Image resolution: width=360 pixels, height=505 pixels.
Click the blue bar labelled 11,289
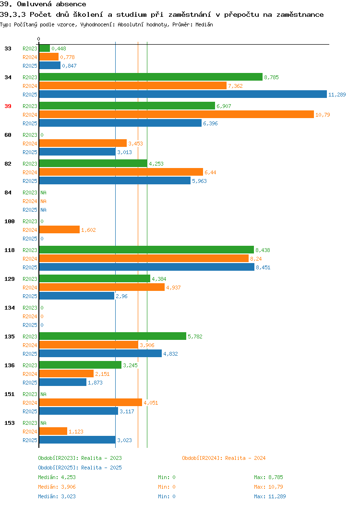tap(183, 94)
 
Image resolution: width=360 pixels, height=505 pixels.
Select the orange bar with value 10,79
tap(177, 114)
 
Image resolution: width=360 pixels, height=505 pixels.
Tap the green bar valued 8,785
tap(151, 77)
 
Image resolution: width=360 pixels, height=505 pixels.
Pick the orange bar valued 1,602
tap(60, 229)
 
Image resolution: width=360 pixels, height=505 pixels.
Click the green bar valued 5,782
tap(113, 336)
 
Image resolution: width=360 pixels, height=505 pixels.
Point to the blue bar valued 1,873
tap(63, 382)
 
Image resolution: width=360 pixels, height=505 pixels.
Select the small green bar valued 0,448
tap(45, 48)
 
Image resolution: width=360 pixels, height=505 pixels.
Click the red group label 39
tap(8, 106)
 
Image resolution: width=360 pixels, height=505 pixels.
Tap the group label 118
tap(9, 250)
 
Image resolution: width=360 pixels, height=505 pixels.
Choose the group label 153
tap(9, 423)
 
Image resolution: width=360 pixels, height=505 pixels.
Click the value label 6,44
tap(210, 172)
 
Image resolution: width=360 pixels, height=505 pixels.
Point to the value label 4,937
tap(173, 287)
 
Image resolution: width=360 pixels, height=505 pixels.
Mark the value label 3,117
tap(127, 411)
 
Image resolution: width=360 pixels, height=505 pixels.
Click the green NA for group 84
tap(44, 192)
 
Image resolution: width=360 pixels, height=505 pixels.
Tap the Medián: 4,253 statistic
tap(57, 477)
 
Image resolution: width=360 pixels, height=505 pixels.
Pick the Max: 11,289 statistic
tap(270, 496)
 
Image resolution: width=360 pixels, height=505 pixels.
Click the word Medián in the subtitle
tap(204, 24)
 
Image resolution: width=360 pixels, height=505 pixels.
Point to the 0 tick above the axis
tap(39, 39)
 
